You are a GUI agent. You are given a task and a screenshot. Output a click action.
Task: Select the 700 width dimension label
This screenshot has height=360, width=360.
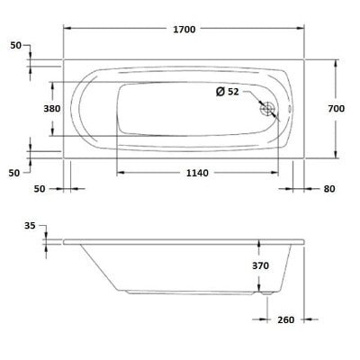click(337, 108)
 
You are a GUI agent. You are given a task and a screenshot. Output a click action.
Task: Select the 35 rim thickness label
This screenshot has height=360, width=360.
click(31, 227)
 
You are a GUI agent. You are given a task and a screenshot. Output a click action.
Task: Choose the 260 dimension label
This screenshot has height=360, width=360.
click(286, 319)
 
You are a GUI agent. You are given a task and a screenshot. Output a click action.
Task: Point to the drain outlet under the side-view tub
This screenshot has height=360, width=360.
click(263, 292)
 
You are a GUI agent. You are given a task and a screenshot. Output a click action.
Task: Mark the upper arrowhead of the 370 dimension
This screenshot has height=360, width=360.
click(261, 244)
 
